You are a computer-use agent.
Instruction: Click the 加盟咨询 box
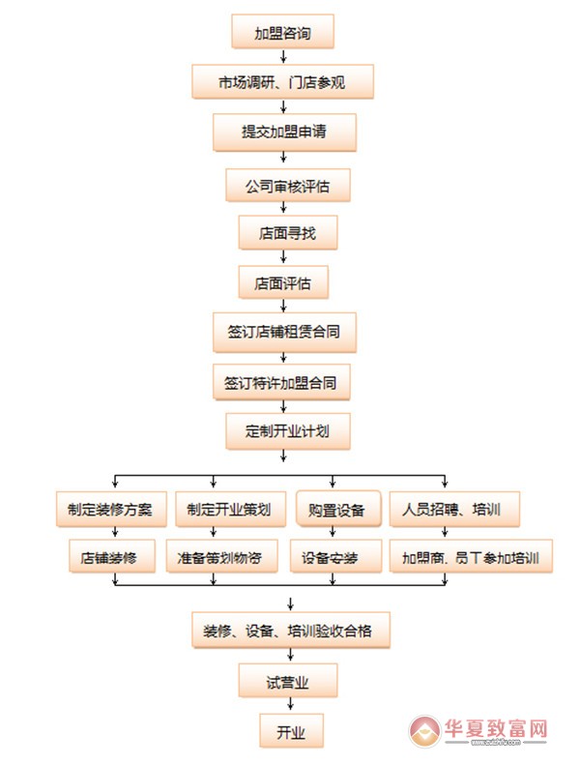click(x=282, y=32)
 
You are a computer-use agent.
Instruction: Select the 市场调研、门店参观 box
click(x=282, y=82)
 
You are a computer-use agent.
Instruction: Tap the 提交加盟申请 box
click(x=282, y=132)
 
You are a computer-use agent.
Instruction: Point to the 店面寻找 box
click(x=282, y=233)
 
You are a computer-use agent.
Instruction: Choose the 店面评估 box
click(x=282, y=283)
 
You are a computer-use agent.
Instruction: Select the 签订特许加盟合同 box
click(x=281, y=383)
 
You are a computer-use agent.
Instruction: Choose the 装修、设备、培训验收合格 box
click(x=289, y=631)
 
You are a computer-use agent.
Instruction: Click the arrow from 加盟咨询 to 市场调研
click(x=282, y=57)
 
